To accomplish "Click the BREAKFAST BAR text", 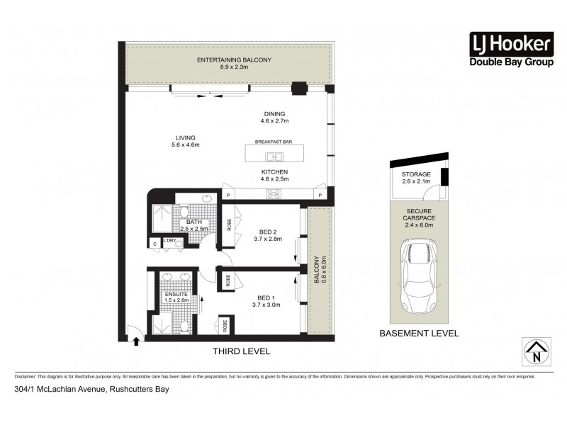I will [274, 142].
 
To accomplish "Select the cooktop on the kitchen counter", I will [273, 194].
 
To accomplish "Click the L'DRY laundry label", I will [169, 241].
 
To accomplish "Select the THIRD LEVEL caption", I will [242, 351].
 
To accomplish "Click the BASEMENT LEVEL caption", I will [419, 333].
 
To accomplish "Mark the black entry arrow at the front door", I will [137, 341].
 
